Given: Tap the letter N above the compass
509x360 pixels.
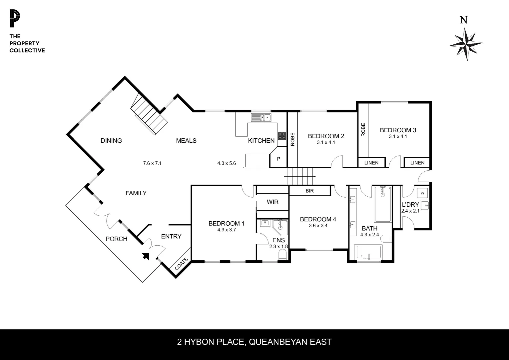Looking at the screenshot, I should click(463, 20).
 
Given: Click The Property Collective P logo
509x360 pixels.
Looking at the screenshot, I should click(15, 19).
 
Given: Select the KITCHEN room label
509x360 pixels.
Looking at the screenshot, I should click(261, 141).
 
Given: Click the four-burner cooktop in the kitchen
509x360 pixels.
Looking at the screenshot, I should click(282, 135).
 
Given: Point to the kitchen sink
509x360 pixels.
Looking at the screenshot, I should click(261, 117).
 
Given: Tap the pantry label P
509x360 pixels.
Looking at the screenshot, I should click(278, 159).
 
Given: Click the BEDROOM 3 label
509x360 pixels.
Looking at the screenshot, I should click(398, 130).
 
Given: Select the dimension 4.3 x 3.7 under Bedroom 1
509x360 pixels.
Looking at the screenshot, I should click(227, 230).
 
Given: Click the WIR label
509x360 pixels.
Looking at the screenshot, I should click(272, 202).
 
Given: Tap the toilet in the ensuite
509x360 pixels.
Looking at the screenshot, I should click(282, 255).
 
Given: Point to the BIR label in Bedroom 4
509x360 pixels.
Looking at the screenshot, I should click(309, 191).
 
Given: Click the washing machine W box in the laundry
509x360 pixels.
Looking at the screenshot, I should click(422, 193).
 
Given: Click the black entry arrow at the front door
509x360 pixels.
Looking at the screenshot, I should click(146, 256).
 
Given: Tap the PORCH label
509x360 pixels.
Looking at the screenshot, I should click(116, 239).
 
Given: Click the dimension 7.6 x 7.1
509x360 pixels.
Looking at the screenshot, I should click(152, 163).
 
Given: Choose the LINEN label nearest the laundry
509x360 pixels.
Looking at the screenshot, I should click(417, 163).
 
